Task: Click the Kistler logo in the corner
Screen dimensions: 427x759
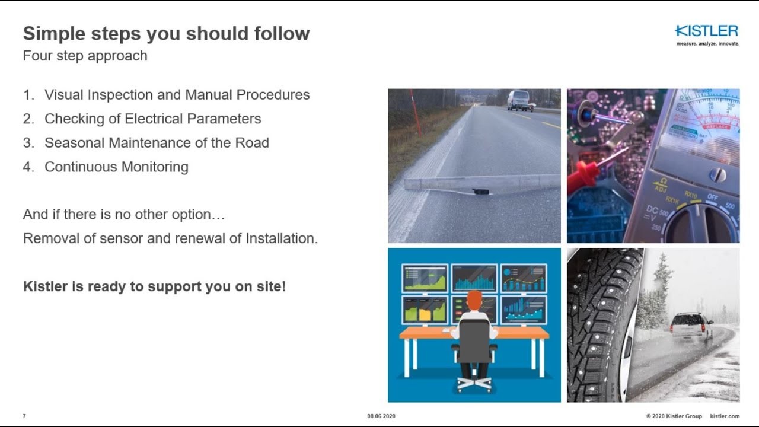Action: (x=707, y=32)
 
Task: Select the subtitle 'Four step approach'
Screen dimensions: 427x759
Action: (x=85, y=56)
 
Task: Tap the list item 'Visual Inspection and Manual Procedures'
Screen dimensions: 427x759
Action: (x=177, y=95)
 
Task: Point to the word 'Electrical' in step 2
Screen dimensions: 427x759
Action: (x=153, y=119)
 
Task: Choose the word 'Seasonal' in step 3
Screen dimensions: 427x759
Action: (x=72, y=143)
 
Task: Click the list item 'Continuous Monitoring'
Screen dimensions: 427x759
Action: (x=116, y=167)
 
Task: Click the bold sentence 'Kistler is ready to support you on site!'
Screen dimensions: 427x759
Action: (x=154, y=286)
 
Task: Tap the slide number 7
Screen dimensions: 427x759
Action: (x=24, y=416)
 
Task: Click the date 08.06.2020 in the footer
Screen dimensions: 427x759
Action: (x=381, y=416)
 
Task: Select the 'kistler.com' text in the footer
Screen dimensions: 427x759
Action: (x=725, y=416)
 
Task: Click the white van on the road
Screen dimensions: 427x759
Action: (x=519, y=100)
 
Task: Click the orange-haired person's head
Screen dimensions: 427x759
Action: (x=474, y=301)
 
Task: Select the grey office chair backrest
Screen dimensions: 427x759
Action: (x=474, y=340)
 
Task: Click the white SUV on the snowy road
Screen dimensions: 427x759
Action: (x=691, y=326)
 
